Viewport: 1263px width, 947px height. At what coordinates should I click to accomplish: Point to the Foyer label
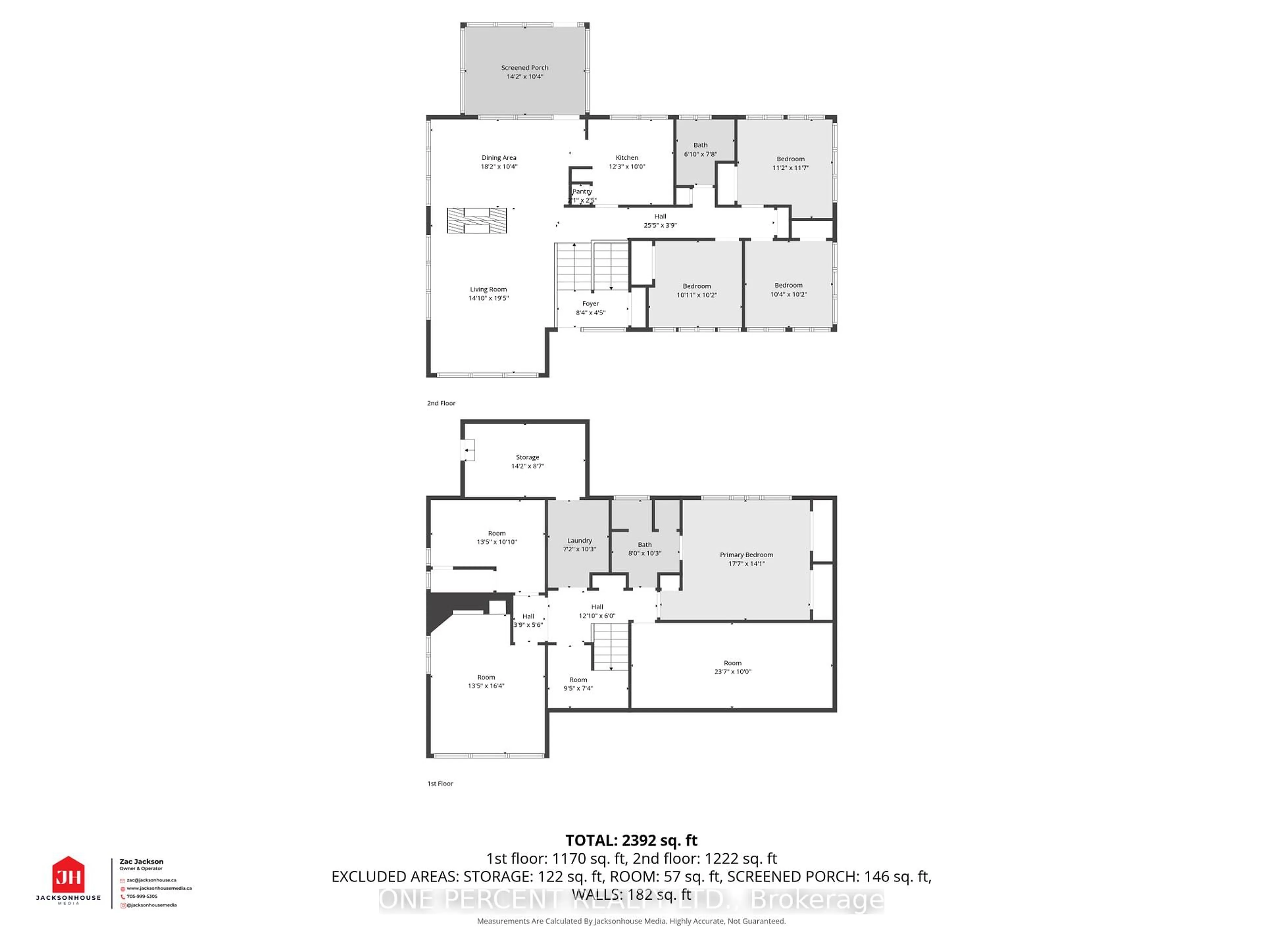pos(590,304)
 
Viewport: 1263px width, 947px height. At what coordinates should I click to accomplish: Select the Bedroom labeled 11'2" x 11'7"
pos(790,163)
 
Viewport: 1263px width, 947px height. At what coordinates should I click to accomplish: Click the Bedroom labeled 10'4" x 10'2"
pos(788,289)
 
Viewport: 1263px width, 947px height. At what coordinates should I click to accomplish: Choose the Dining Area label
pos(499,158)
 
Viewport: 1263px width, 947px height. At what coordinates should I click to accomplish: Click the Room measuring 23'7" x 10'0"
pos(732,667)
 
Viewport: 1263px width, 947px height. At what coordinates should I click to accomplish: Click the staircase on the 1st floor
pos(610,646)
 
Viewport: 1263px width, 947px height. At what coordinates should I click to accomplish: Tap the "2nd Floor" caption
pos(441,403)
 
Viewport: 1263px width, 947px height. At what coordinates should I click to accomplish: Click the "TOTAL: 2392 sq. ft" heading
pos(631,840)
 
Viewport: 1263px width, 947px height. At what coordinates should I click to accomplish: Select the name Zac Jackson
pos(141,862)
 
